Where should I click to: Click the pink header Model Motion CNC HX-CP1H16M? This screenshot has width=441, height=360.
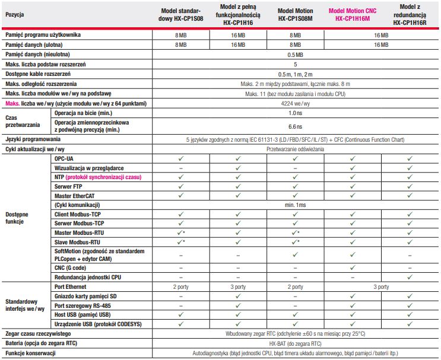pyautogui.click(x=352, y=15)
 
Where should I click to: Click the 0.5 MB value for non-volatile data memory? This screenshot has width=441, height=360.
pyautogui.click(x=295, y=55)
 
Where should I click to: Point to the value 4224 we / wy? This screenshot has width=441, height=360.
pyautogui.click(x=295, y=103)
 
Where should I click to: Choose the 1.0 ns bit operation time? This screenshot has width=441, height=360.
pyautogui.click(x=295, y=113)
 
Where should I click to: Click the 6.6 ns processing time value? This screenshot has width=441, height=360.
pyautogui.click(x=295, y=126)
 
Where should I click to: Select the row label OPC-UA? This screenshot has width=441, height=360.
pyautogui.click(x=64, y=160)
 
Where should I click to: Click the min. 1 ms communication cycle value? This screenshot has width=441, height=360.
pyautogui.click(x=295, y=205)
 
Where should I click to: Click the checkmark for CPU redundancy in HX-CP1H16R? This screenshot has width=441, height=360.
pyautogui.click(x=410, y=277)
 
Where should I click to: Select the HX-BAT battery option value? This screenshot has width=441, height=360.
pyautogui.click(x=295, y=343)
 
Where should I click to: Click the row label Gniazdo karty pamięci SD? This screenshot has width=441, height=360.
pyautogui.click(x=85, y=296)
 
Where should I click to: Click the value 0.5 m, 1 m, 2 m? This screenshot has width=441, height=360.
pyautogui.click(x=295, y=74)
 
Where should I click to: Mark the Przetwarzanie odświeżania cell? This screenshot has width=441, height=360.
pyautogui.click(x=295, y=149)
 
